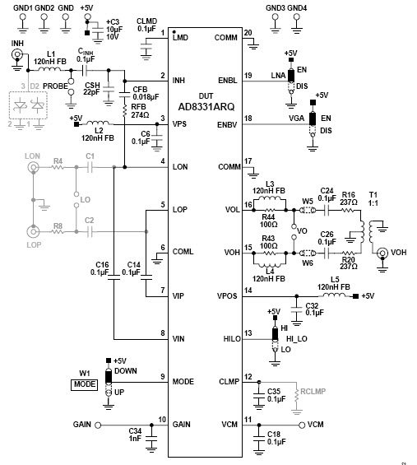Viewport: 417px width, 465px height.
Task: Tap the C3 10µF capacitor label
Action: [113, 28]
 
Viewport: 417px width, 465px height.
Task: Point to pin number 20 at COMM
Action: [248, 32]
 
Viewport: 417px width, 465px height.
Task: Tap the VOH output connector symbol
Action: [382, 255]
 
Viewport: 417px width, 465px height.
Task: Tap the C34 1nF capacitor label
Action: [136, 435]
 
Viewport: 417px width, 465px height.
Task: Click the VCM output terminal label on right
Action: [315, 424]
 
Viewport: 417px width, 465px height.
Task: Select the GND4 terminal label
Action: [298, 7]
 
